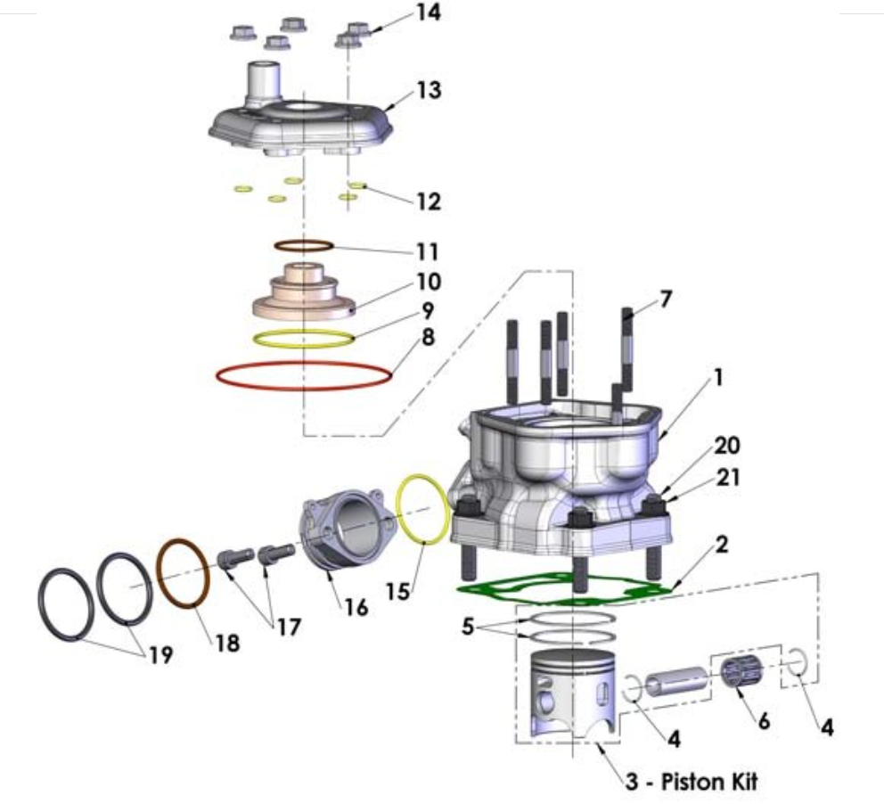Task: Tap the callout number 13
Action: [429, 91]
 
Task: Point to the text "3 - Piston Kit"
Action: [691, 783]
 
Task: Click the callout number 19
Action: [161, 656]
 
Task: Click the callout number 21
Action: [729, 478]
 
